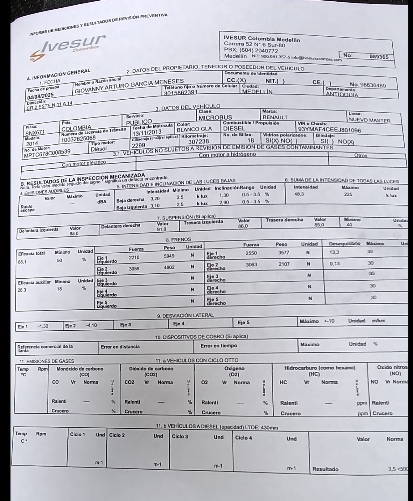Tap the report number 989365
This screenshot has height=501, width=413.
pos(379,57)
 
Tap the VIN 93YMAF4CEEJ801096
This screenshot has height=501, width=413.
pos(329,130)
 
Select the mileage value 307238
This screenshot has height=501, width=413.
pos(199,142)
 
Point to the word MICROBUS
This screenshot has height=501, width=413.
pos(215,117)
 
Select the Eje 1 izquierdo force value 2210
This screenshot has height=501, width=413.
pos(134,257)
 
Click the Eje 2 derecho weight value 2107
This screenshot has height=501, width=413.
pos(284,264)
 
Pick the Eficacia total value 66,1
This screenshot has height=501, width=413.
pos(23,262)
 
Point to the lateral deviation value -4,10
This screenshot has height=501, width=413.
pos(91,325)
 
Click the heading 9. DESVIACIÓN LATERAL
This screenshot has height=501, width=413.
pos(185,315)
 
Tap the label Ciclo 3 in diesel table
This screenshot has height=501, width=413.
pos(180,436)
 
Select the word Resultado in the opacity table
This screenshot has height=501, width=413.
pos(325,469)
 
